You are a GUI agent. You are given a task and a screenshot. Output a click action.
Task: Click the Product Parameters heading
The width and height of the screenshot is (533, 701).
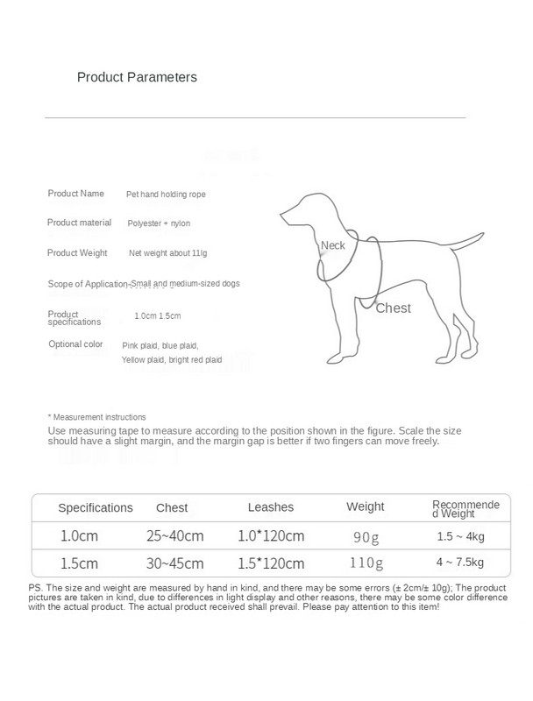137,77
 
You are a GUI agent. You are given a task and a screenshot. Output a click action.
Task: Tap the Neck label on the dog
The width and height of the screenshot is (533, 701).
333,245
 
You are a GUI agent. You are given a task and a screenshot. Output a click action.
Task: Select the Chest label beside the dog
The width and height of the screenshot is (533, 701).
393,308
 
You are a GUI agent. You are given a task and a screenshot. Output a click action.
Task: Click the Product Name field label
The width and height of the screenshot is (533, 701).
75,193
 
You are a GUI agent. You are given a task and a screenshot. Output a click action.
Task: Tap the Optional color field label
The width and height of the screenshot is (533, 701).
75,344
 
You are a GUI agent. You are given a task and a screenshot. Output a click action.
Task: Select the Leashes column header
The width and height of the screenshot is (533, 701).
271,507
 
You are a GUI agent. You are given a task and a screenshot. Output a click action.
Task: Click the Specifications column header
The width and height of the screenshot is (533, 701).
96,507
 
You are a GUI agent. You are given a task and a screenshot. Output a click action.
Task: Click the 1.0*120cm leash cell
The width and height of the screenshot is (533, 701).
271,535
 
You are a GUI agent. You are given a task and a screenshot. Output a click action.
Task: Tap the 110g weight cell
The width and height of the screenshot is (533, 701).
366,563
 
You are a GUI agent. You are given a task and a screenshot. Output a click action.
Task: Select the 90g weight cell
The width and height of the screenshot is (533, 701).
366,536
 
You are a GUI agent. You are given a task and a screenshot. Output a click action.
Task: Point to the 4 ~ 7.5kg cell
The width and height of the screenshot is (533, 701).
459,563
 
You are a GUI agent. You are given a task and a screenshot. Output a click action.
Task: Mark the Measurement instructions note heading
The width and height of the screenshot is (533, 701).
96,417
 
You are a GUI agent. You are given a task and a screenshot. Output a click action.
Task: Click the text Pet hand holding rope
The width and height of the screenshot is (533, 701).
167,194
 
